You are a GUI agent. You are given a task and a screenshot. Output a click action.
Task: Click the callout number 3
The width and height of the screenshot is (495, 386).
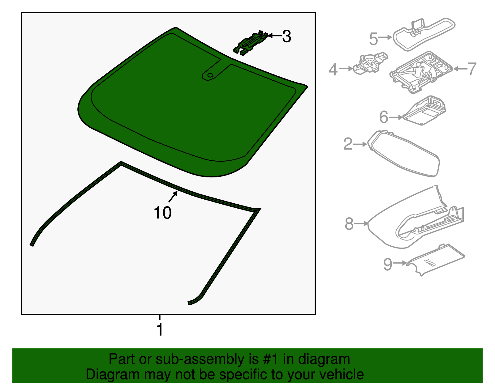tap(286, 36)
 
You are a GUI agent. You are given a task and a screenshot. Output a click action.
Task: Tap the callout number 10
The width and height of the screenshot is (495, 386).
tap(163, 213)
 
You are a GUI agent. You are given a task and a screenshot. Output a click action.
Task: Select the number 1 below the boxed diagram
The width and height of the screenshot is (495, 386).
tap(160, 329)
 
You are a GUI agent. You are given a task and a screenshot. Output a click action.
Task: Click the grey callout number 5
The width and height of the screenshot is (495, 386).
tap(373, 39)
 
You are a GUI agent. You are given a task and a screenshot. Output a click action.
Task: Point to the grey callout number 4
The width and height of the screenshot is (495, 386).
tap(333, 70)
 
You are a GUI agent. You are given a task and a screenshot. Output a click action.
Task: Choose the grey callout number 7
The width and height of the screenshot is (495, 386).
tap(472, 69)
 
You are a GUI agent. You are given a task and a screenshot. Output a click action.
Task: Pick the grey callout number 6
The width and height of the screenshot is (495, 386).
tap(384, 117)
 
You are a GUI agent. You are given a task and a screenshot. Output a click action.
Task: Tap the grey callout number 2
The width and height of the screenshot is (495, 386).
tap(348, 144)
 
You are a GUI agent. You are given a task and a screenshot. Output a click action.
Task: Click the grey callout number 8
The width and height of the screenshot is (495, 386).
tap(349, 224)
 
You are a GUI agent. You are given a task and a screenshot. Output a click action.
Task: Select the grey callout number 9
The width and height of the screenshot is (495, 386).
tap(388, 264)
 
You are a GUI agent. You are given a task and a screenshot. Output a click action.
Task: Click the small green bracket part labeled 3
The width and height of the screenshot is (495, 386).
tap(251, 43)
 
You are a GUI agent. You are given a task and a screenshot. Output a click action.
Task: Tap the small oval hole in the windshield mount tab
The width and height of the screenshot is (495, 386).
tap(210, 75)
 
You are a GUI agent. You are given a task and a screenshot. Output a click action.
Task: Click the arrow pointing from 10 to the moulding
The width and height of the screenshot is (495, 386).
tap(173, 197)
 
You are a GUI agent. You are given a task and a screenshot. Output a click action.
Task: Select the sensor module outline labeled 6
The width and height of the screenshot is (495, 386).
tap(424, 111)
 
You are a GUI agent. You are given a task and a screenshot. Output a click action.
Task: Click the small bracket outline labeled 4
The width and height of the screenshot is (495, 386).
tap(370, 63)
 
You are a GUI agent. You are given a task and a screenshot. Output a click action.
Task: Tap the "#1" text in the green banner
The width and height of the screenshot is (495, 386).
tap(270, 359)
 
